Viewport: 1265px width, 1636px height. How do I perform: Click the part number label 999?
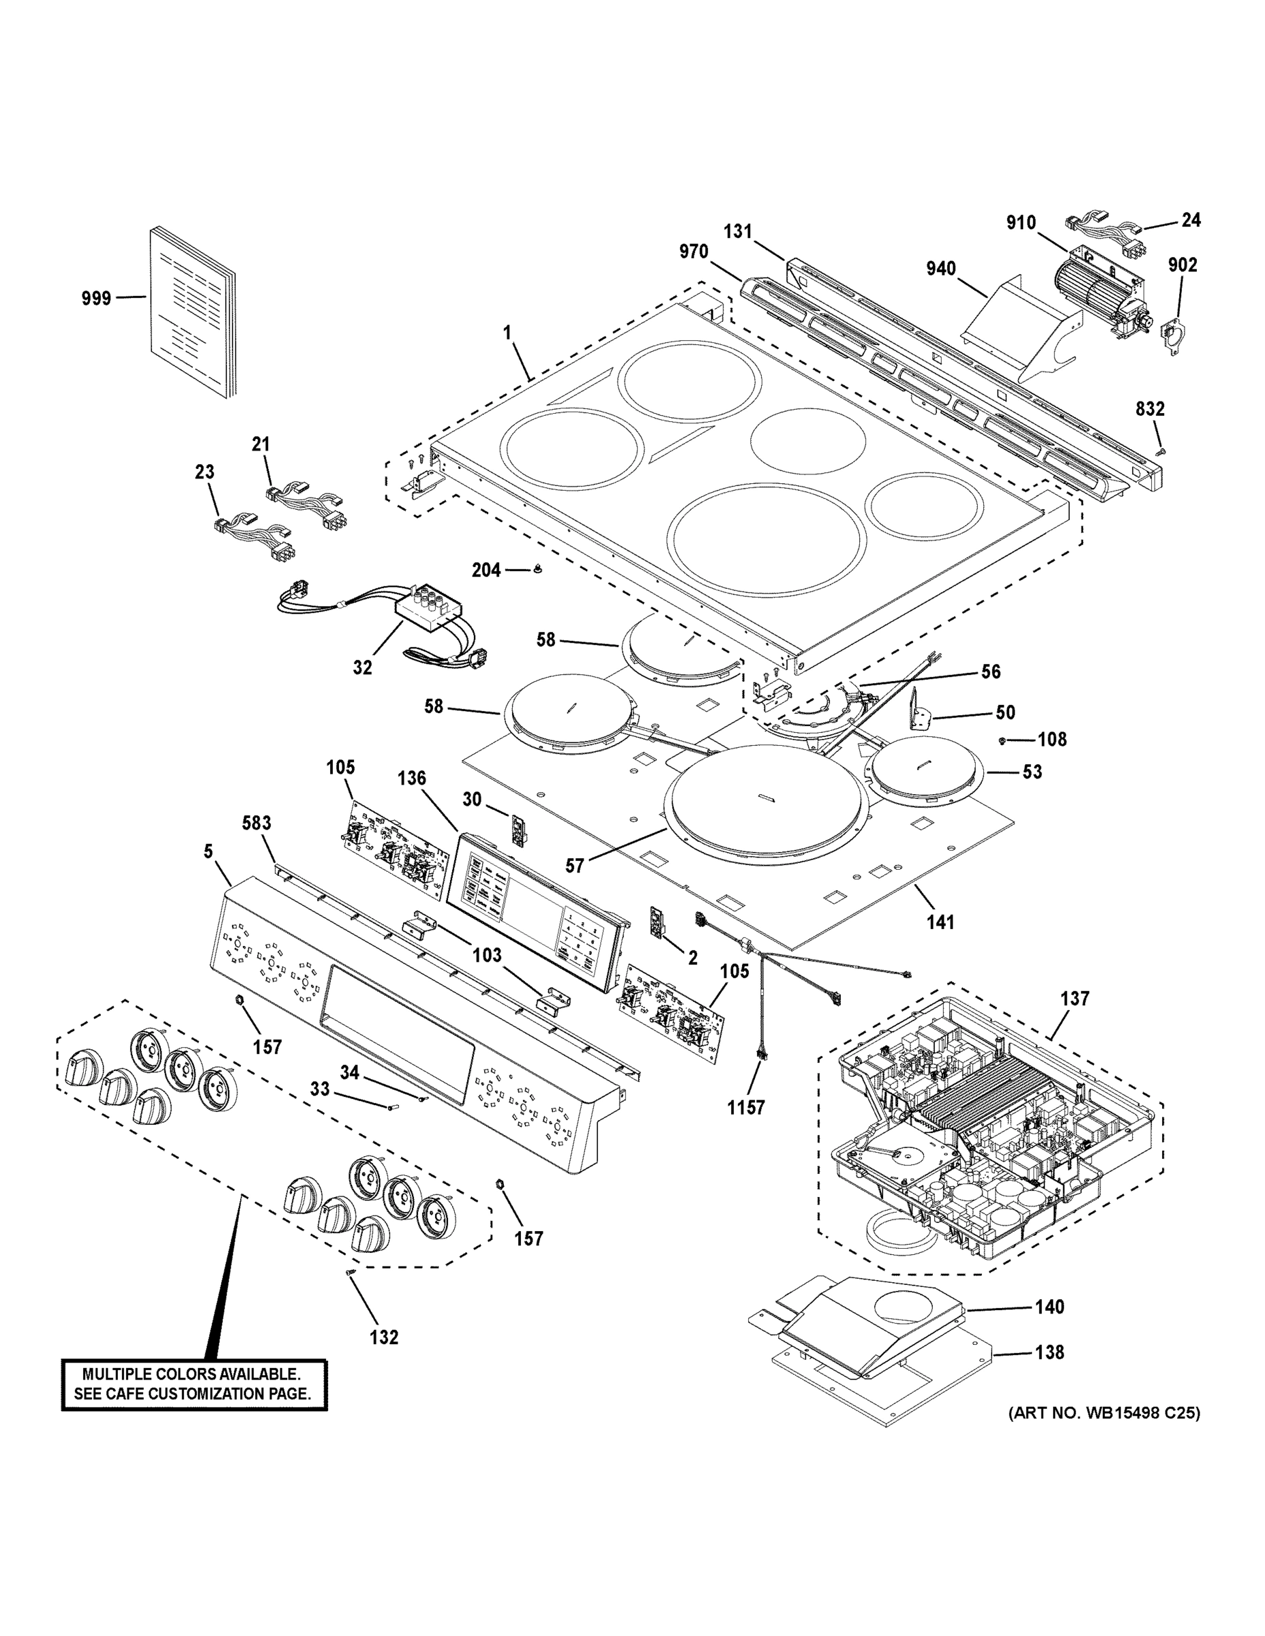96,298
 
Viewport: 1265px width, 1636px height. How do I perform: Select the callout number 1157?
745,1107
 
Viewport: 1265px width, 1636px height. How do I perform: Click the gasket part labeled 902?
1174,337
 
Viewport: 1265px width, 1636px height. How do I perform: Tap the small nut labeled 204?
537,570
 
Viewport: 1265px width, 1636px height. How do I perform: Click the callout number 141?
940,922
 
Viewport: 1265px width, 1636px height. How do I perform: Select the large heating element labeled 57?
767,802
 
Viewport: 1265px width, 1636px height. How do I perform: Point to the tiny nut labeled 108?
1002,740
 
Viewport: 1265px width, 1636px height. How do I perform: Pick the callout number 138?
1050,1352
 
